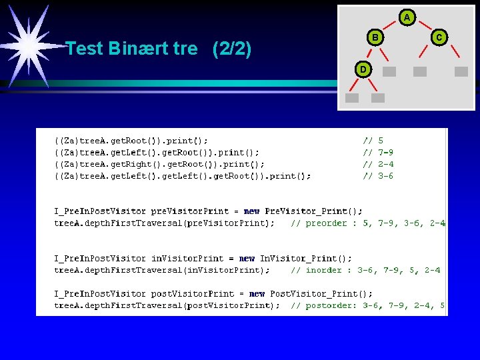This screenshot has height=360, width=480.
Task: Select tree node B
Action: pos(375,38)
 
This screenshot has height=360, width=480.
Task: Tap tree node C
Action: pos(439,38)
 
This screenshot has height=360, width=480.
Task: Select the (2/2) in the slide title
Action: pos(231,49)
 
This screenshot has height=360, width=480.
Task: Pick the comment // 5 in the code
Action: pos(373,141)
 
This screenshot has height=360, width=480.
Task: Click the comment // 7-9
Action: pos(378,152)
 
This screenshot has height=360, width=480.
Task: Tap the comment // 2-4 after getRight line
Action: pos(378,164)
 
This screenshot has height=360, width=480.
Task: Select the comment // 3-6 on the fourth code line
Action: pos(378,176)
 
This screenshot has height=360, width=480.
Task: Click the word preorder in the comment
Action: pos(327,223)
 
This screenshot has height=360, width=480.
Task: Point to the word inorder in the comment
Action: pos(324,270)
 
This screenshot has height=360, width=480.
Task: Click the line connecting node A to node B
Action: pos(391,26)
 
